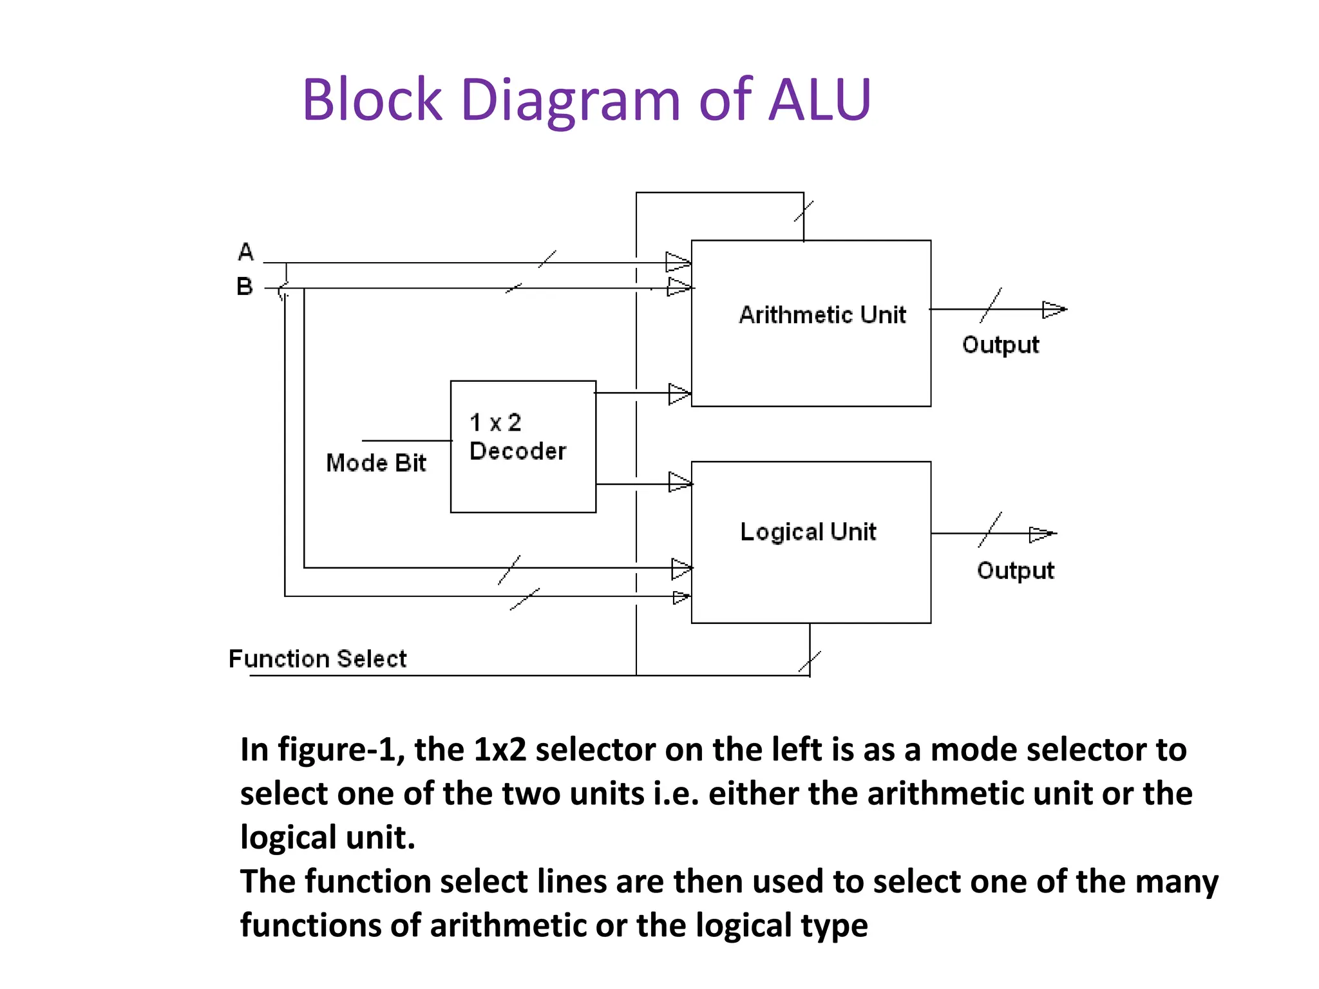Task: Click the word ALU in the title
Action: [x=819, y=100]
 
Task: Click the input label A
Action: [x=246, y=252]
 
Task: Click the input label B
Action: [x=245, y=287]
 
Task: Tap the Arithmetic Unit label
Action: [x=822, y=315]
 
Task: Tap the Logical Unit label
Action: [x=808, y=532]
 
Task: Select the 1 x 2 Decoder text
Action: [x=517, y=437]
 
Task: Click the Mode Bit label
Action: [x=376, y=463]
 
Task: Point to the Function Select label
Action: [x=318, y=659]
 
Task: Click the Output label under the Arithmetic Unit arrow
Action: [x=1000, y=345]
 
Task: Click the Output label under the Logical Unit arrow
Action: [x=1015, y=570]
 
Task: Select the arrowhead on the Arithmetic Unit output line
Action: [x=1054, y=310]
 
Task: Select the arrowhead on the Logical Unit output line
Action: [x=1041, y=534]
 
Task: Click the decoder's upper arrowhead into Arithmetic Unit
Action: [x=679, y=393]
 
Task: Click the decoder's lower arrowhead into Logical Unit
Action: [x=679, y=482]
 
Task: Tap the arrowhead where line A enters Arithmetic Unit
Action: [x=678, y=262]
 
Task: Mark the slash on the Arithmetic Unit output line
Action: [x=991, y=305]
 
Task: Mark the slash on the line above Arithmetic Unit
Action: [x=804, y=211]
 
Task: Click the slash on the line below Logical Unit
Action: [x=810, y=661]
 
